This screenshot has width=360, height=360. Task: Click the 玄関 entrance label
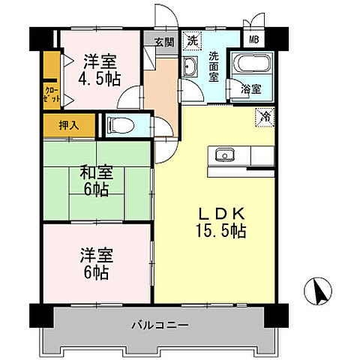pos(164,43)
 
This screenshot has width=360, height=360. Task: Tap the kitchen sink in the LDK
pos(224,155)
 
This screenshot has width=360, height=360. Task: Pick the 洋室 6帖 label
pos(95,264)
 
